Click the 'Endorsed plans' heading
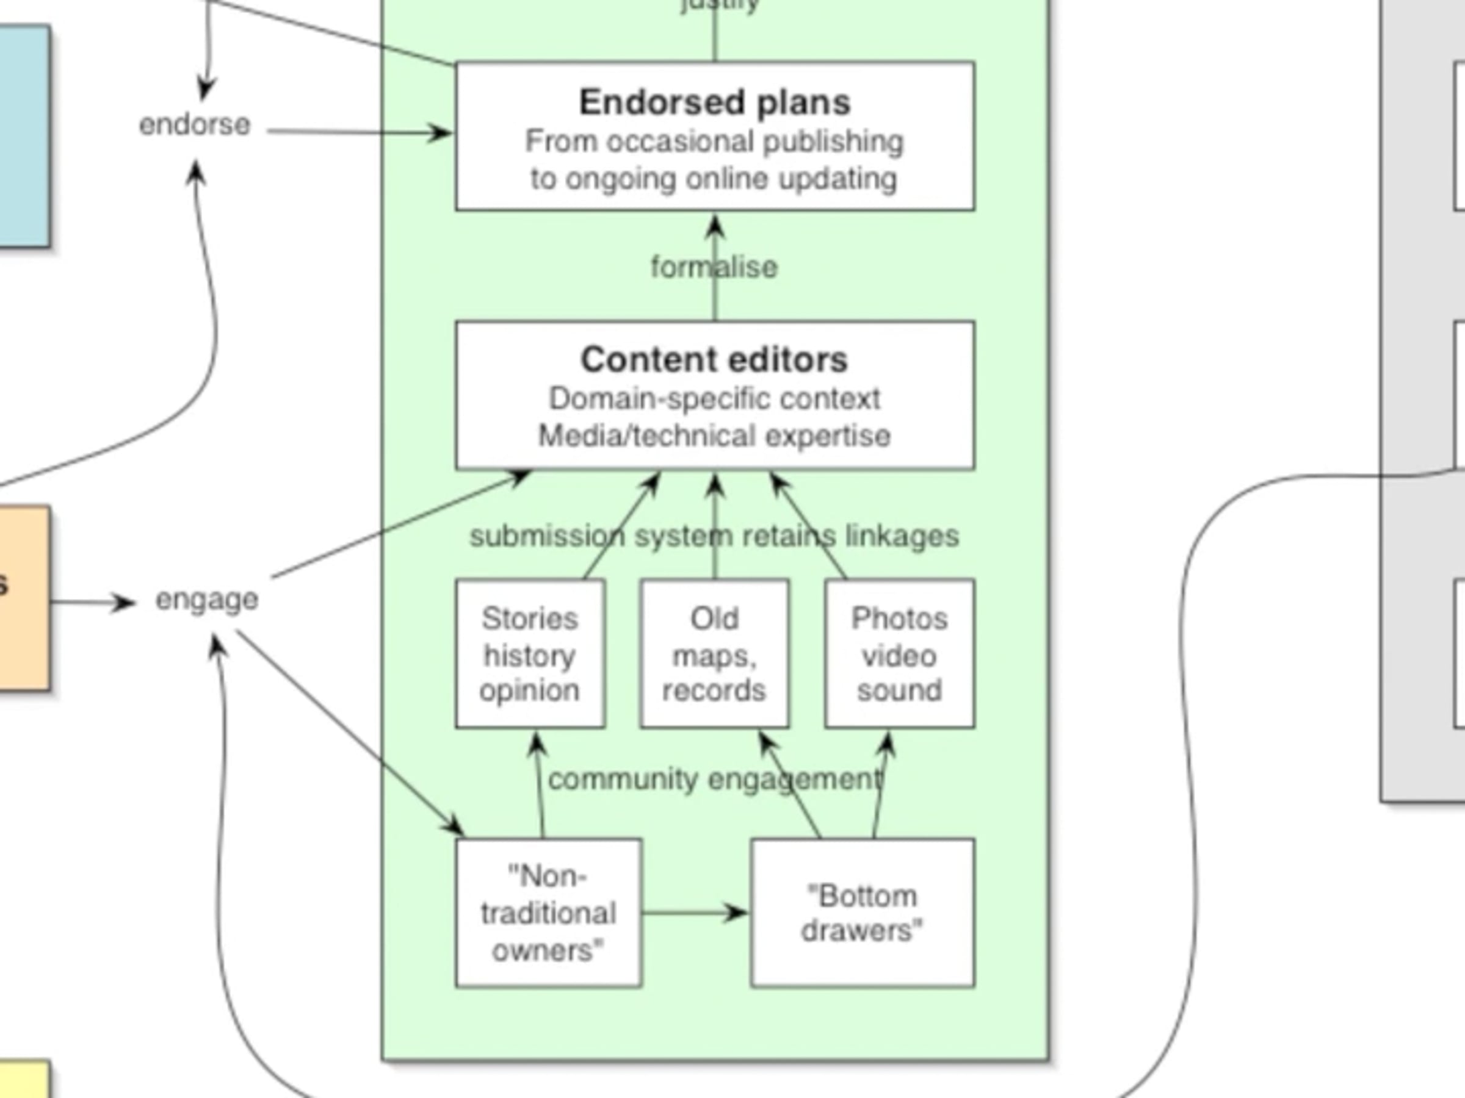[x=714, y=102]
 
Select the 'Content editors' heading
[x=714, y=360]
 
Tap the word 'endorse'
[x=195, y=125]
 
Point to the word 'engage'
[x=207, y=600]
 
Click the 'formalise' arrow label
[x=714, y=267]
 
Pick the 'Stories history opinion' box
[x=530, y=654]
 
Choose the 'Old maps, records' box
[x=714, y=654]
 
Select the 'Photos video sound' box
[x=899, y=654]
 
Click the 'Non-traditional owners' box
[x=548, y=913]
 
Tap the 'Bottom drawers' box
[x=862, y=913]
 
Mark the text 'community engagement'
[x=715, y=780]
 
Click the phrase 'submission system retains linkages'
[x=714, y=536]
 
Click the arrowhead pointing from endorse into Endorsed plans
[x=441, y=133]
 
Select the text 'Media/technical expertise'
[x=714, y=436]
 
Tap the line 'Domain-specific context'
[x=714, y=399]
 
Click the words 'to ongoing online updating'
[x=714, y=179]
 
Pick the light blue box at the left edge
[x=24, y=135]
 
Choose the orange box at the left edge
[x=24, y=598]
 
